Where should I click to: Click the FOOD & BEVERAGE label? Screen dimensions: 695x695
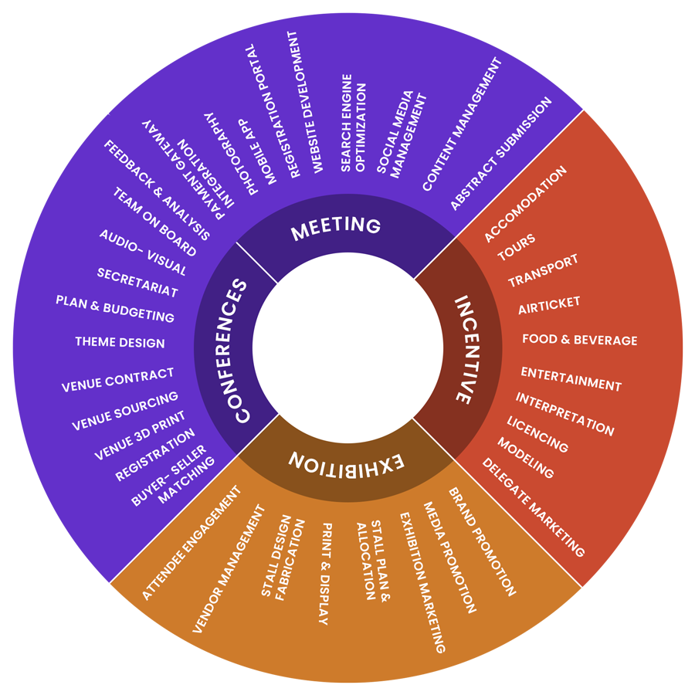coord(579,340)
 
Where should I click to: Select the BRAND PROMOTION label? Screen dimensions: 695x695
coord(482,541)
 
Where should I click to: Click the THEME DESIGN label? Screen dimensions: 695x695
coord(120,342)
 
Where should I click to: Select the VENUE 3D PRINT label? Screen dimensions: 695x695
coord(140,435)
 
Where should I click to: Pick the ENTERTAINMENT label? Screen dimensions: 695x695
coord(571,379)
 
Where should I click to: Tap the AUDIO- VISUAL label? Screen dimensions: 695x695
coord(143,253)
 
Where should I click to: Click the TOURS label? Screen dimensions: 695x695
coord(517,248)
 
